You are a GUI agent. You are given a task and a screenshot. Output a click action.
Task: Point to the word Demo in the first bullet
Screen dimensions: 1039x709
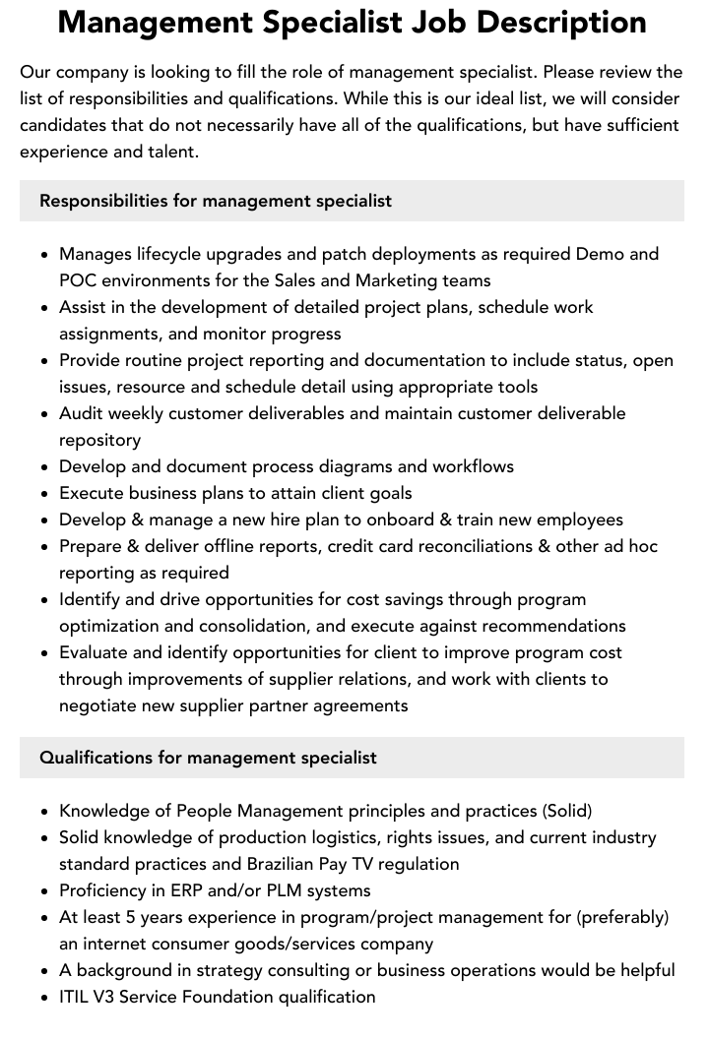pos(600,254)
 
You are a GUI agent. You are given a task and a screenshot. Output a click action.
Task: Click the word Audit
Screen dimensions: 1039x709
pos(83,413)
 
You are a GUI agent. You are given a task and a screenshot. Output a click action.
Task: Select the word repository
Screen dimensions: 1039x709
pos(99,440)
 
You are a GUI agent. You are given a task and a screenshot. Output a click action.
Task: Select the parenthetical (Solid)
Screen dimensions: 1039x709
pos(567,811)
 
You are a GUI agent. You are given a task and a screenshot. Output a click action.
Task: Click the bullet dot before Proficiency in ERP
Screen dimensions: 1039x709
pos(45,891)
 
